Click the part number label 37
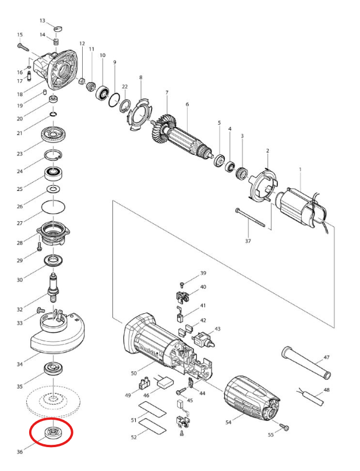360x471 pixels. click(x=248, y=241)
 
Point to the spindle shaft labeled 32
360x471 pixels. click(x=53, y=286)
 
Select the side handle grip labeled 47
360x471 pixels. click(x=306, y=363)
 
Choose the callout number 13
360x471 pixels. click(x=43, y=20)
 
